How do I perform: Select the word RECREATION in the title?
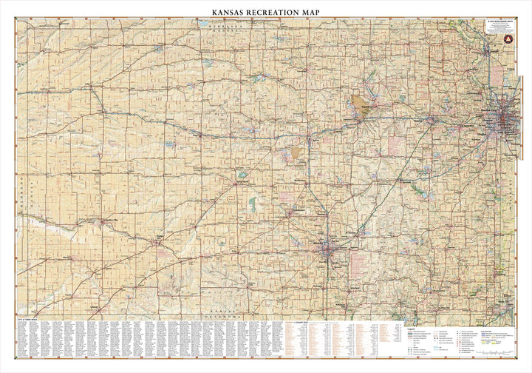pos(277,13)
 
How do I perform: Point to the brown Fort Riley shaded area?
pos(363,105)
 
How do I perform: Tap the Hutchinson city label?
pos(299,213)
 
